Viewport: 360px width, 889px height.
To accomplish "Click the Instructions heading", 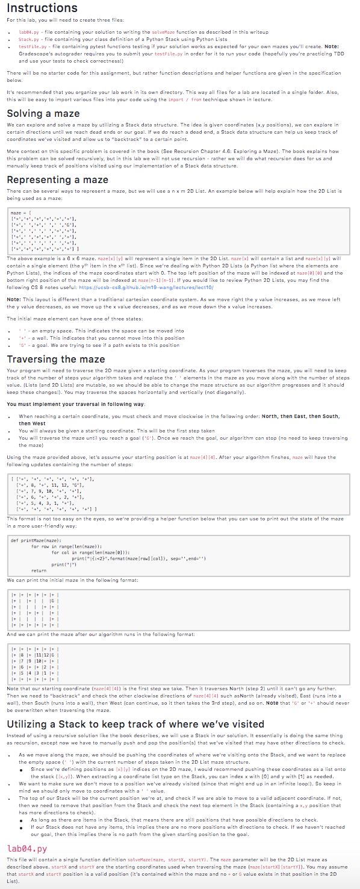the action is pos(42,8).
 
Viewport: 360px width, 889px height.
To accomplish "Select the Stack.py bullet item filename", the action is pos(29,39).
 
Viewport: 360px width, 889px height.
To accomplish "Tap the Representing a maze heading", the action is pos(58,179).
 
